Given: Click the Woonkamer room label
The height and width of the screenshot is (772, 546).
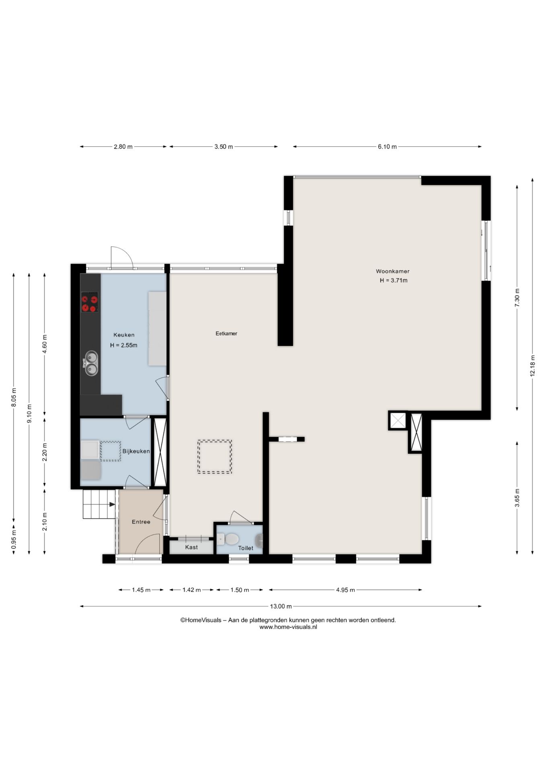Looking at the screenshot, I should (x=392, y=271).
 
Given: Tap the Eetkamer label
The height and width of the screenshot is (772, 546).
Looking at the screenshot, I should (x=226, y=333).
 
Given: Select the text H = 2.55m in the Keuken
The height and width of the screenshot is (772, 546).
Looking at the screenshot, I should (x=124, y=345).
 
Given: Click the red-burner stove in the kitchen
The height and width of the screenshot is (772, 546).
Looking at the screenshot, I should (x=90, y=302).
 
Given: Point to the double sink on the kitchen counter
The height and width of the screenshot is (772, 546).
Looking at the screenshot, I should (x=91, y=363).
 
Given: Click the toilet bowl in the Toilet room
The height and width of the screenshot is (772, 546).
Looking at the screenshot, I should (x=231, y=539).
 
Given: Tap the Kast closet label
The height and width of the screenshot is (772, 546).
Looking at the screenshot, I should (x=191, y=547).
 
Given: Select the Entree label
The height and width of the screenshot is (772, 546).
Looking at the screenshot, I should (x=141, y=522).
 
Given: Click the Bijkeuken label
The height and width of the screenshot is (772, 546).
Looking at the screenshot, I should (x=136, y=451).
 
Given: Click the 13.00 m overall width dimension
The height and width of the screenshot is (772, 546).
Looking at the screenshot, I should (x=281, y=606).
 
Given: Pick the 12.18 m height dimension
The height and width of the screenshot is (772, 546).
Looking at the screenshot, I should (x=532, y=366).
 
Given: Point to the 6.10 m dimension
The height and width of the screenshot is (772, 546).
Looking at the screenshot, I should (x=387, y=147).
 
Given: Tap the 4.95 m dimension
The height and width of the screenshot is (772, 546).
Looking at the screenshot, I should (x=345, y=590).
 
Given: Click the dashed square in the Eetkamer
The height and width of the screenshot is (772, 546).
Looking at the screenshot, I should (x=214, y=457).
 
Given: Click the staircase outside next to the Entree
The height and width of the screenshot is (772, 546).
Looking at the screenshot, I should (x=99, y=504).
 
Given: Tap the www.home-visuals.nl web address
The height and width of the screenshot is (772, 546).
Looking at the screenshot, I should (x=288, y=627).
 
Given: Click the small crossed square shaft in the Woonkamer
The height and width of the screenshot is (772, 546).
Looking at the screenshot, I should (x=398, y=421).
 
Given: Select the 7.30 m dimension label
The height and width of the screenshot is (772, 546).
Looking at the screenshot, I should (x=517, y=298).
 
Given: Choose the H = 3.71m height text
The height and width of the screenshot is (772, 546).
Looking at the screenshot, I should (x=393, y=281).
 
